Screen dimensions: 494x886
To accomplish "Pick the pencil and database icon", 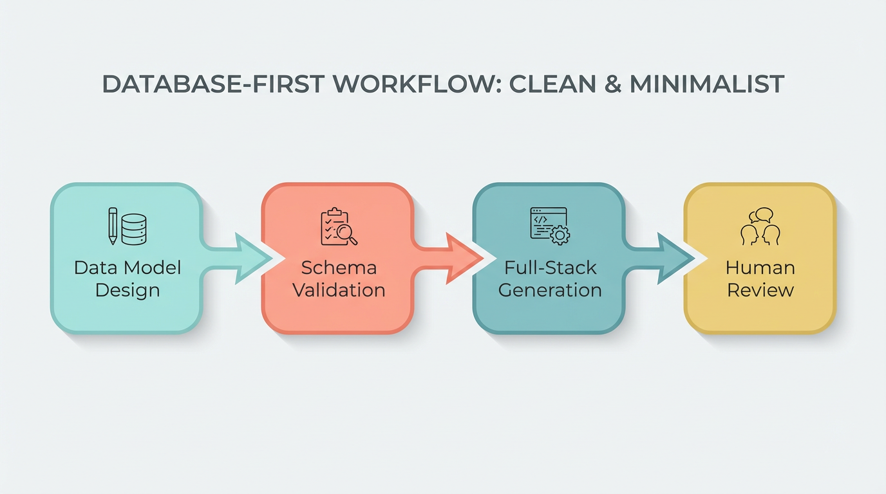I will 127,226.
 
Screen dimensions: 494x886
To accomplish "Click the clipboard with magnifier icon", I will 339,226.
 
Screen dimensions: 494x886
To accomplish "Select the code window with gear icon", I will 550,226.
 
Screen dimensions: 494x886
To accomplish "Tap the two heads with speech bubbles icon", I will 760,226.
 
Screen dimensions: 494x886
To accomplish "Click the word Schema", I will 339,268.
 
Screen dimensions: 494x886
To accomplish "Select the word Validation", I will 339,290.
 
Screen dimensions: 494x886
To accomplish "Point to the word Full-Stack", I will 550,268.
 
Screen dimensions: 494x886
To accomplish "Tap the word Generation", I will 550,290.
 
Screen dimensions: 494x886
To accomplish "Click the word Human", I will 760,268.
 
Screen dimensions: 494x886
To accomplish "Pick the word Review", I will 760,290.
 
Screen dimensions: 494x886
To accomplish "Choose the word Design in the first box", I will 127,290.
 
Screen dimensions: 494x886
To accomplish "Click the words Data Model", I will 127,268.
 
